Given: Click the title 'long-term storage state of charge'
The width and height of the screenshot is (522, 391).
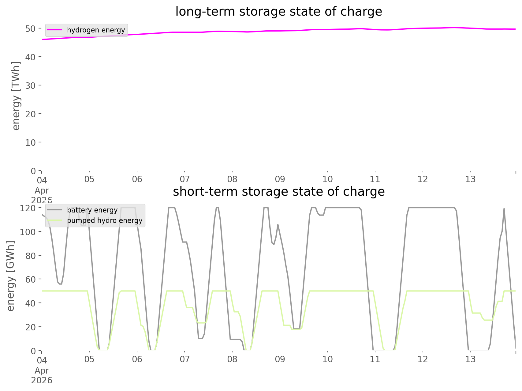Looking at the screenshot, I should point(278,12).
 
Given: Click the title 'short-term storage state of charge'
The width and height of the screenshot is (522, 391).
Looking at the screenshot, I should point(278,192).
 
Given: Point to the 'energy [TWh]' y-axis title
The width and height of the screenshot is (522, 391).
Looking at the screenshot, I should point(16,96).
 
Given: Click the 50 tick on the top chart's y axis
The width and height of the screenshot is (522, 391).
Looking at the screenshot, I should point(30,28).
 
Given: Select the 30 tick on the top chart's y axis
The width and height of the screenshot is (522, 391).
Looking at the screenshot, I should point(30,85).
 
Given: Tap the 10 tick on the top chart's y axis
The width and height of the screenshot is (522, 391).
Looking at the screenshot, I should point(30,142).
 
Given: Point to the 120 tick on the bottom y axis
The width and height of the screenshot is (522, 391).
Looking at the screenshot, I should point(28,208).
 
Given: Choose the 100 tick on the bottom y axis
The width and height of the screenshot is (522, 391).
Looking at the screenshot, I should point(28,232).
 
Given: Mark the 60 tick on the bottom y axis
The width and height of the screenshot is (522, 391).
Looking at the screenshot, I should point(30,279).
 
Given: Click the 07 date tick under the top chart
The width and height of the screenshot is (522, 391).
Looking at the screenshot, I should point(185,179).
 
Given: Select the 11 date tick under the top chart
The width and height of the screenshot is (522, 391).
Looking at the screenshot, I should point(375,179).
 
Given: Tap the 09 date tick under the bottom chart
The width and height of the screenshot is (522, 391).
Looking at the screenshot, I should point(280,359).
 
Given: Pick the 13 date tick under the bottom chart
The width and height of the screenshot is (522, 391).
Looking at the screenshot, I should point(471,359).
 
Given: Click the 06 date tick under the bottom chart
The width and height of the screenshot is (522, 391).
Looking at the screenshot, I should point(137,359).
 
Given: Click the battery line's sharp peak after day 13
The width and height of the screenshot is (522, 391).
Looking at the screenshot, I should point(504,209).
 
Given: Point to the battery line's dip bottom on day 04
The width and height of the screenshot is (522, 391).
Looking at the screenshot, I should point(61,284).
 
